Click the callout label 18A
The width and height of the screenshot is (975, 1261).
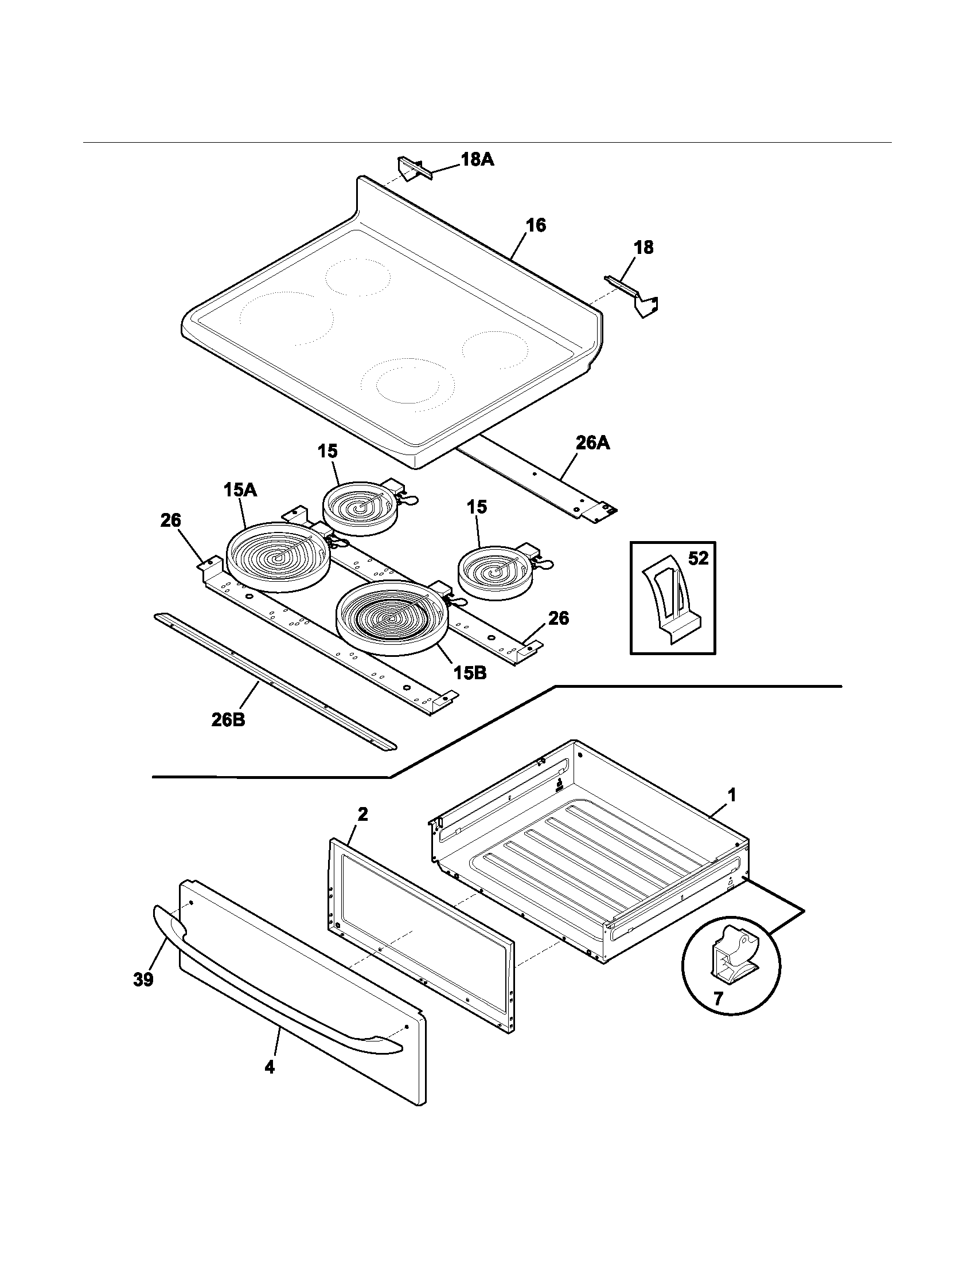[477, 159]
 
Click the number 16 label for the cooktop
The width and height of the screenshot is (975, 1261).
[536, 225]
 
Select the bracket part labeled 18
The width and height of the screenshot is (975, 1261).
[635, 296]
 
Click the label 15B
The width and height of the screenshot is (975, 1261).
[469, 673]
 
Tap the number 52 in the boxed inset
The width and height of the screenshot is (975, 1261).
[697, 558]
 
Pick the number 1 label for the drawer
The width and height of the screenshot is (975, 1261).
[731, 796]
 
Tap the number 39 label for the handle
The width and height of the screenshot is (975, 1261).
[143, 979]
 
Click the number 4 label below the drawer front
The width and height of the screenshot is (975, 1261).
[270, 1068]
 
